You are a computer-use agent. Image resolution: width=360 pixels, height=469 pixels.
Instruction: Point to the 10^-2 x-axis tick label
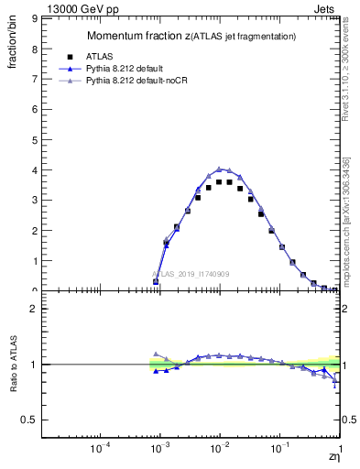tap(218, 449)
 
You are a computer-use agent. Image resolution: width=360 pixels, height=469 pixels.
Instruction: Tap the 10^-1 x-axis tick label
tap(278, 449)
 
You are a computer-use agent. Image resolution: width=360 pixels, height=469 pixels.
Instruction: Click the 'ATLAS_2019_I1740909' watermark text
tap(191, 274)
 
